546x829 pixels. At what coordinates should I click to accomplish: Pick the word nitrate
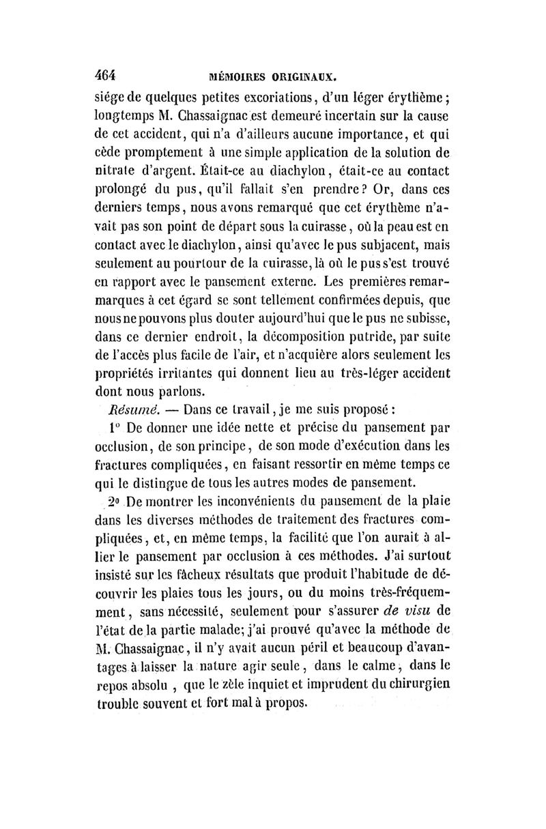tap(115, 167)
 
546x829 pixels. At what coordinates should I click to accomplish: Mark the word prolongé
tap(121, 186)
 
